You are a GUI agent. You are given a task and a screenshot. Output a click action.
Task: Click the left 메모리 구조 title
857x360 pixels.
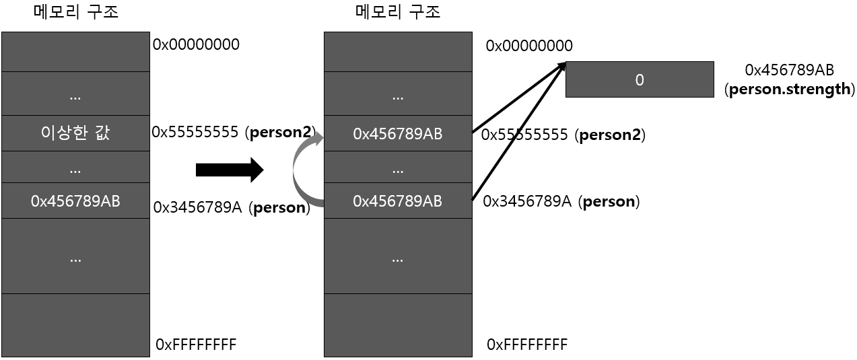[x=75, y=12]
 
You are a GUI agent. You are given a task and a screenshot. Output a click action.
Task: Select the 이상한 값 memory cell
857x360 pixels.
[x=75, y=133]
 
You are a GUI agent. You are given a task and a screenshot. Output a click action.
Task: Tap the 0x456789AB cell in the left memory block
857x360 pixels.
[x=75, y=201]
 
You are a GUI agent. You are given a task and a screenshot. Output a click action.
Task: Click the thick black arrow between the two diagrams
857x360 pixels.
[x=229, y=170]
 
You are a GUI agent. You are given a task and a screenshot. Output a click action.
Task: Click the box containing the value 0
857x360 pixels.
[x=640, y=79]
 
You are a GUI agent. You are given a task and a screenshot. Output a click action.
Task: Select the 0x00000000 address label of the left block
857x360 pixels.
[x=196, y=45]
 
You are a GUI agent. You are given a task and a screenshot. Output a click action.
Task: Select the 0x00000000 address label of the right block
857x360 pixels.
[x=529, y=46]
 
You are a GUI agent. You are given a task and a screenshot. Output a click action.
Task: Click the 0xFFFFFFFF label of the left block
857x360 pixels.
[x=196, y=345]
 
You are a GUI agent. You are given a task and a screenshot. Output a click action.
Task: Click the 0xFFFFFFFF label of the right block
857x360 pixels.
[x=527, y=345]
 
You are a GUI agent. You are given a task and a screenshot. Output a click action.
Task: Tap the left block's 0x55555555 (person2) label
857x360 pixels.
[x=234, y=133]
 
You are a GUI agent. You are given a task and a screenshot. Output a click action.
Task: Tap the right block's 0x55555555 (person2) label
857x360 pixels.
[x=563, y=135]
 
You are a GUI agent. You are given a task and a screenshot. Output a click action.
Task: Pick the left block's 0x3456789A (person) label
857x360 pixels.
[x=232, y=208]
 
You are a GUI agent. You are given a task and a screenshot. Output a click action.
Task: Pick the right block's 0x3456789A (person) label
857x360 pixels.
[x=561, y=202]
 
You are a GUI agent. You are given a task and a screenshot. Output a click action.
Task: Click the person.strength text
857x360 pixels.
[x=790, y=89]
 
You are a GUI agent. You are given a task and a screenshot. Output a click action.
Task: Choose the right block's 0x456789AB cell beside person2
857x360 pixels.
[x=398, y=134]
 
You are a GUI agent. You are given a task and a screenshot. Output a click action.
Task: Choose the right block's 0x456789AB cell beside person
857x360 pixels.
[x=398, y=201]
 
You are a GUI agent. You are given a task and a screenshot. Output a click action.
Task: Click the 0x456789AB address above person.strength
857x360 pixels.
[x=790, y=70]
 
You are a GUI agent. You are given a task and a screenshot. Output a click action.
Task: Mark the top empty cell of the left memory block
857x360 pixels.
[x=75, y=51]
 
